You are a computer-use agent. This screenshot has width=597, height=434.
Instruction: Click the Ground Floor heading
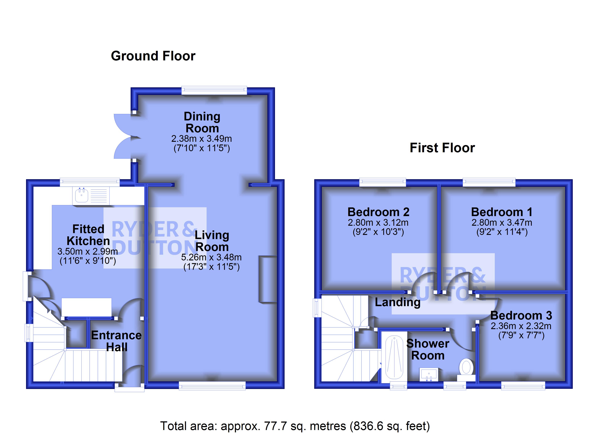tap(153, 56)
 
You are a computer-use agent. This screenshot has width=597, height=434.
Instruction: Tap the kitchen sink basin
tap(82, 195)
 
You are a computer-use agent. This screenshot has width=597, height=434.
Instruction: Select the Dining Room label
tap(202, 122)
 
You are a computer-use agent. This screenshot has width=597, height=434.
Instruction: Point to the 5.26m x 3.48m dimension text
tap(211, 257)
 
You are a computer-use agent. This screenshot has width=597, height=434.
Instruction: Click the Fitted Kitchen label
tap(88, 235)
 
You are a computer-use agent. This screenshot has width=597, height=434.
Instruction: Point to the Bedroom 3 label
tap(521, 315)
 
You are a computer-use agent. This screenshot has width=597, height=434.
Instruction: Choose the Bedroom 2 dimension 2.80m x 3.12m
tap(378, 223)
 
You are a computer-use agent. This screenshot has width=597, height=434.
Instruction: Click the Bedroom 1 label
tap(502, 212)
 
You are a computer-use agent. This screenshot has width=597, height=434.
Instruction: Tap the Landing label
tap(397, 302)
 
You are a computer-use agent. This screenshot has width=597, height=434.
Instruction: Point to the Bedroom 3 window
tap(523, 386)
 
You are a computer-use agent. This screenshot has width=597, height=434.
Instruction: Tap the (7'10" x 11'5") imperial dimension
tap(202, 148)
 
